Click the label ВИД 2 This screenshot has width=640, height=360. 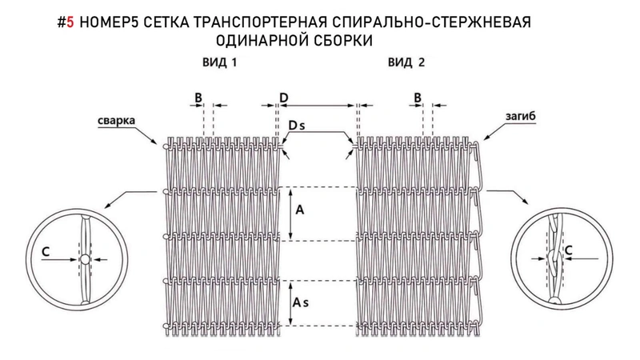pos(407,62)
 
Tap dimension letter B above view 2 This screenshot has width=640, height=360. pos(417,97)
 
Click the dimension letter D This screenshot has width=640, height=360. pos(284,97)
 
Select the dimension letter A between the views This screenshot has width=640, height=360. pos(299,211)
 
